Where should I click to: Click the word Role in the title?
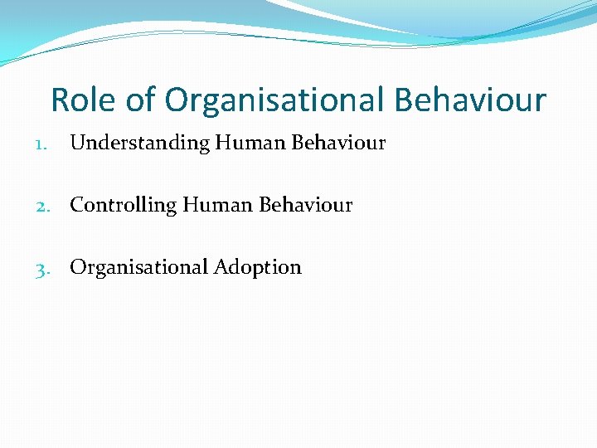coord(85,100)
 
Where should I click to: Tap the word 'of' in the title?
coord(141,100)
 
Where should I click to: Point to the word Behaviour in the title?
coord(470,100)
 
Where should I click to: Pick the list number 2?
coord(43,205)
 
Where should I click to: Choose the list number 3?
coord(43,268)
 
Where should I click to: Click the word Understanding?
coord(140,144)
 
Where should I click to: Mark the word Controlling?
coord(124,205)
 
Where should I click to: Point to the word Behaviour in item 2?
coord(306,204)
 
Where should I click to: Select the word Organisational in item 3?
coord(138,267)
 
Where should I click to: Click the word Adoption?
coord(258,268)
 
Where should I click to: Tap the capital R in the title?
coord(61,100)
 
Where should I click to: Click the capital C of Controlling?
coord(77,204)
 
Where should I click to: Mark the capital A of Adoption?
coord(221,267)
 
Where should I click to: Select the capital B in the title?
coord(404,100)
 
